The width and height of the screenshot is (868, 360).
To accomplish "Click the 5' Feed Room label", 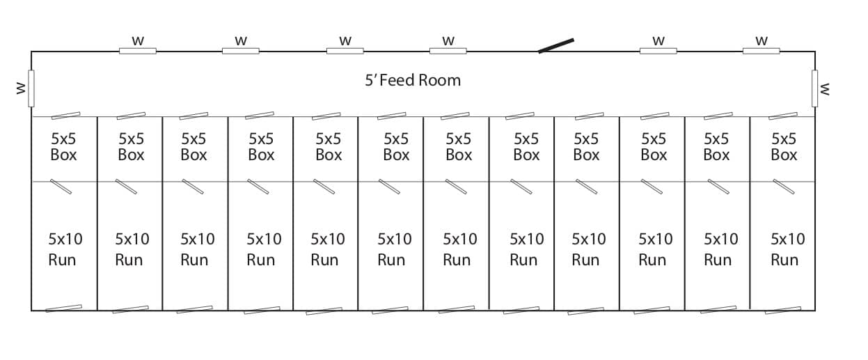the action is pos(413,80).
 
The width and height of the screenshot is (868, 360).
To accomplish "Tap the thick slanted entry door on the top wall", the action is pos(556,46).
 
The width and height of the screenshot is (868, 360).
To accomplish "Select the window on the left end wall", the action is pos(31,88).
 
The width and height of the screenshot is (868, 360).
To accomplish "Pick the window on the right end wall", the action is pos(814,88).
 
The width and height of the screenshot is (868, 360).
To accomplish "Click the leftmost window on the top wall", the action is pos(138,51).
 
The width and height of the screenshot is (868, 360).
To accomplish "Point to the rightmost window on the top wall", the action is pos(761,51).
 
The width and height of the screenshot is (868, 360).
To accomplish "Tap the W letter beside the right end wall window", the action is pos(825,89).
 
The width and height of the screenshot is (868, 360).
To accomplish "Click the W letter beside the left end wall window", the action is pos(21,88).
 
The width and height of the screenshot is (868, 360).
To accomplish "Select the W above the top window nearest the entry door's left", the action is pos(448,40).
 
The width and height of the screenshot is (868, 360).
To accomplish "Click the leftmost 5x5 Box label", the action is pos(64,147).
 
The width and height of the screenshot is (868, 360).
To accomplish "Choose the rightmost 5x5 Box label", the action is pos(784,147).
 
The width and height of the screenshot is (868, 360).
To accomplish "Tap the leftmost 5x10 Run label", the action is pos(65,249).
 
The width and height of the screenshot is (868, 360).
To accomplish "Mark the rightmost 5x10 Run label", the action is pos(787,249).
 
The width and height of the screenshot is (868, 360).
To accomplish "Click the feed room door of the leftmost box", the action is pos(66,116).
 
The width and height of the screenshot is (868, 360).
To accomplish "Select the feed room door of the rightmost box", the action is pos(783,116).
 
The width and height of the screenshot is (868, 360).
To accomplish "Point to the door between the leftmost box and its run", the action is pos(61,187).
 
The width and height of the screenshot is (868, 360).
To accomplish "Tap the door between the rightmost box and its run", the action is pos(784,187).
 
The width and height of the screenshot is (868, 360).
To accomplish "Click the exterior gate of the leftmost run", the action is pos(64,308).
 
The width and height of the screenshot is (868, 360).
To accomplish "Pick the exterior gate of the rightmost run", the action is pos(783,311).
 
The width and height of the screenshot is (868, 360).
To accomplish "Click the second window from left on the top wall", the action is pos(241,51).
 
